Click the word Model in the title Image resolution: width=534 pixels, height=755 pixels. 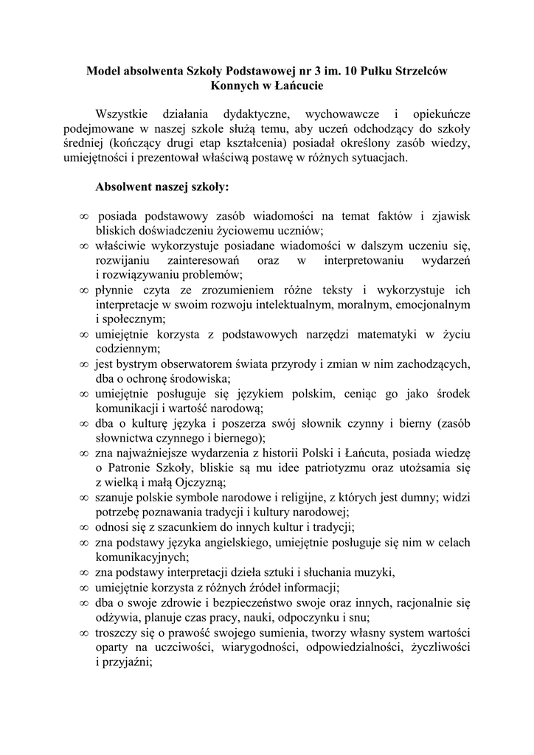click(104, 72)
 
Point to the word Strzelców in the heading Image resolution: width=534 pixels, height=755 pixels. click(421, 72)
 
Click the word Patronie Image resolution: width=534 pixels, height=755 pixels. click(131, 468)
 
